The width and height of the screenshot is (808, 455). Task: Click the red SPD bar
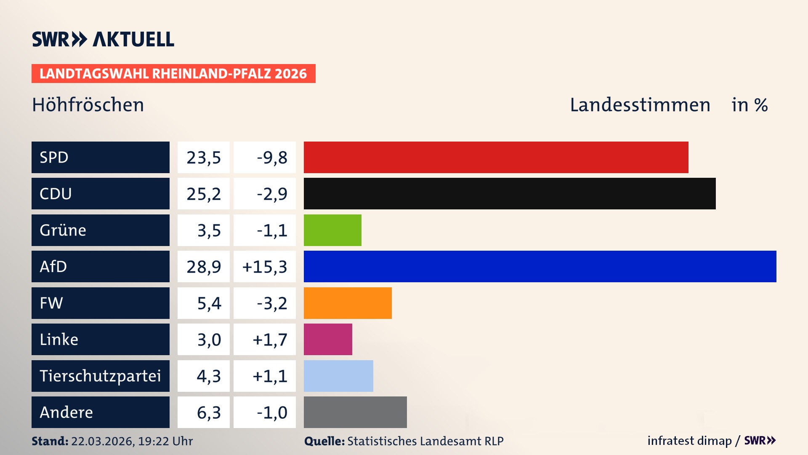(496, 157)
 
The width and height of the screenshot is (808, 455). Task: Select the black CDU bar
(509, 193)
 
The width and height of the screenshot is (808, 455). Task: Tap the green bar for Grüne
(332, 230)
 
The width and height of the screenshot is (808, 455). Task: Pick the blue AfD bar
(540, 266)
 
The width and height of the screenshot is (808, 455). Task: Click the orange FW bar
(348, 303)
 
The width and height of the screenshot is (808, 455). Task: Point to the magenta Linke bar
(328, 339)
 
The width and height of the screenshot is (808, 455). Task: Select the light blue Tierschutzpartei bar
(338, 376)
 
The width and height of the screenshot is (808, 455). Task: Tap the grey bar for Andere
(355, 412)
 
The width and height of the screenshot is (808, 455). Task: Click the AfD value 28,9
(204, 267)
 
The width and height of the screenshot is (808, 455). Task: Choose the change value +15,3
(265, 267)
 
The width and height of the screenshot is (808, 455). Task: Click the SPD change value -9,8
(272, 158)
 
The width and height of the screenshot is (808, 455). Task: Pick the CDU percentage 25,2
(204, 194)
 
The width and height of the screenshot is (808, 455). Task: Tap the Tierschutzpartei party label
(100, 376)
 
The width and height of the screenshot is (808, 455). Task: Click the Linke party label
(59, 340)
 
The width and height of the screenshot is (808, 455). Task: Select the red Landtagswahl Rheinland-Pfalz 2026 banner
(173, 74)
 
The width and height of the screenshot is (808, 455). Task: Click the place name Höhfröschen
(88, 105)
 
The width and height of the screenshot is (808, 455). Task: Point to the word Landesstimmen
(640, 105)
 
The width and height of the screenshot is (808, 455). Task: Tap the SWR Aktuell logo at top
(103, 39)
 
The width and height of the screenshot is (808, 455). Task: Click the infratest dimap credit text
(689, 441)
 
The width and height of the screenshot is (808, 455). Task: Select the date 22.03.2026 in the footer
(102, 441)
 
